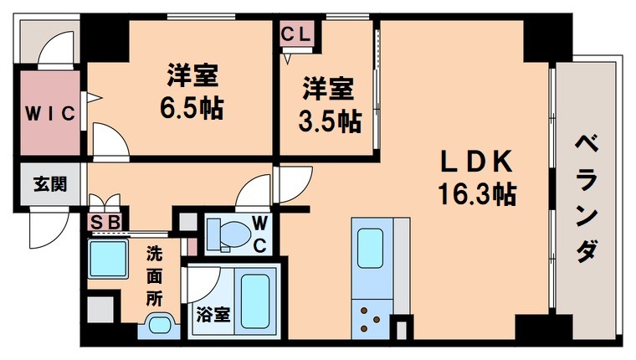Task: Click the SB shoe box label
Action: [107, 223]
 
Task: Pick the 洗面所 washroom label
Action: [156, 274]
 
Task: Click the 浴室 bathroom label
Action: [211, 315]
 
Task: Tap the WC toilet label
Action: [261, 234]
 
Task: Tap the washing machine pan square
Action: [108, 258]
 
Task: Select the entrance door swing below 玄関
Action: [49, 224]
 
